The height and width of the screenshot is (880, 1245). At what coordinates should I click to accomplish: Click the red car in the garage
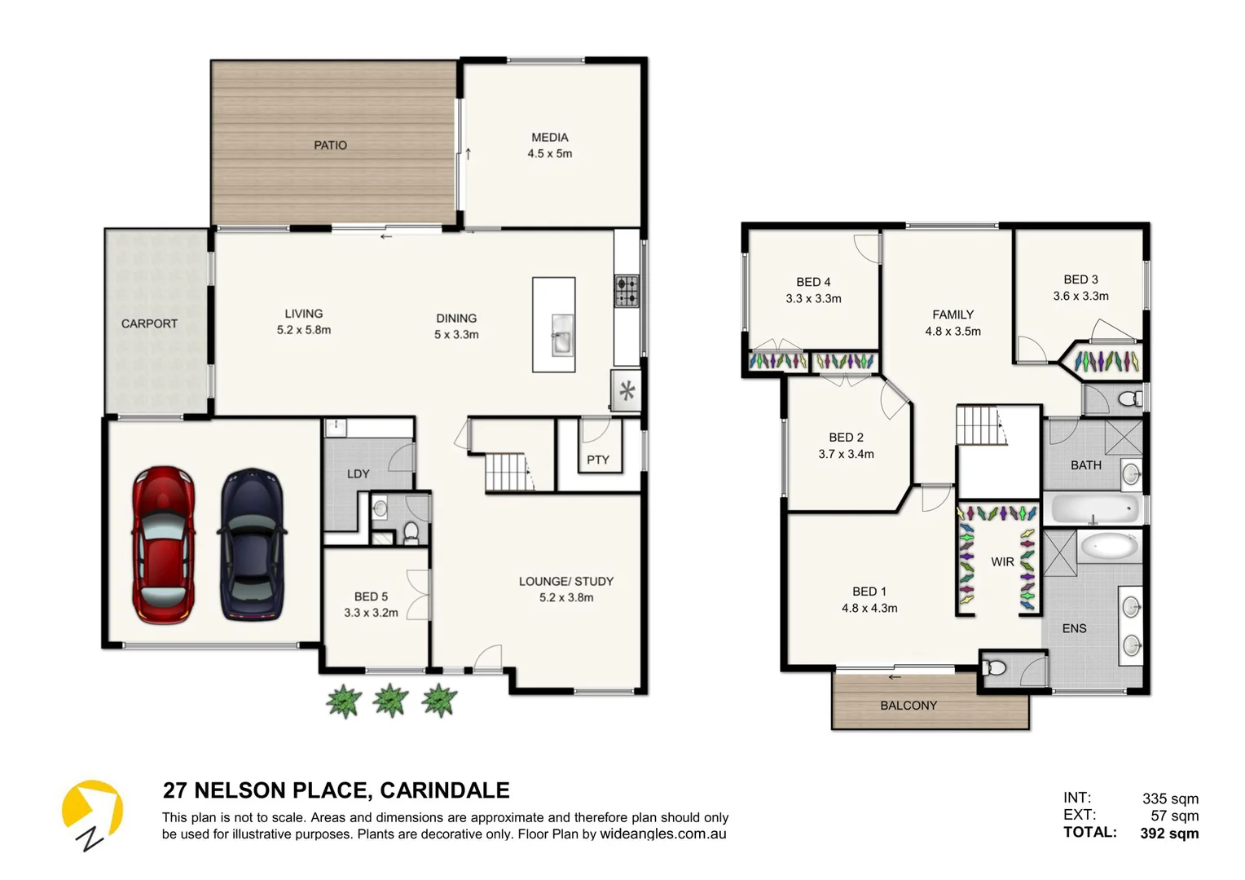click(x=164, y=544)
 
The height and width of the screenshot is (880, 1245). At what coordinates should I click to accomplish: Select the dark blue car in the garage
click(x=253, y=544)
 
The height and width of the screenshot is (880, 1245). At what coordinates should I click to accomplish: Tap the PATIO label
click(x=330, y=145)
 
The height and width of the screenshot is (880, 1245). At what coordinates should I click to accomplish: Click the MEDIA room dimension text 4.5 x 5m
click(x=549, y=154)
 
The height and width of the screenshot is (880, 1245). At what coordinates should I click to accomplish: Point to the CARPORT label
click(x=149, y=323)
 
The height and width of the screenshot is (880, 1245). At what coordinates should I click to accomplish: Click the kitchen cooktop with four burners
click(x=627, y=291)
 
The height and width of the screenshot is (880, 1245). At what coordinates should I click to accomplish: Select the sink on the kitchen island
click(x=562, y=335)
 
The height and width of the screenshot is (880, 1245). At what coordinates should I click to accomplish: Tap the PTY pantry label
click(x=598, y=460)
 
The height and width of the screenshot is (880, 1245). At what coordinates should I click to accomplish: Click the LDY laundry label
click(x=359, y=473)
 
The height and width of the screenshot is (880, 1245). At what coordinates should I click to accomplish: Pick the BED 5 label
click(x=371, y=596)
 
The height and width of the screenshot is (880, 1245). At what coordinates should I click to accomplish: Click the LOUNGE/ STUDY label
click(x=566, y=581)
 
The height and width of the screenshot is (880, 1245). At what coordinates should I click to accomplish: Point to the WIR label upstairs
click(x=1002, y=561)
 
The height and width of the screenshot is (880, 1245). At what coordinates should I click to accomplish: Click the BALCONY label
click(x=908, y=706)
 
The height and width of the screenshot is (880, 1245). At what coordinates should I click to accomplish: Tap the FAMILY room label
click(x=952, y=315)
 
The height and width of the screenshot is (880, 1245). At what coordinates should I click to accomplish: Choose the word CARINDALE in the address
click(x=445, y=790)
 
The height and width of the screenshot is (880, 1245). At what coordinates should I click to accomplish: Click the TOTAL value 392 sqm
click(x=1169, y=833)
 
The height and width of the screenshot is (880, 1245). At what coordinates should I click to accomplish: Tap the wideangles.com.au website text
click(x=662, y=834)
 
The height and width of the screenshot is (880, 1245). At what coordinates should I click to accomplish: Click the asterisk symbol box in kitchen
click(x=627, y=391)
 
